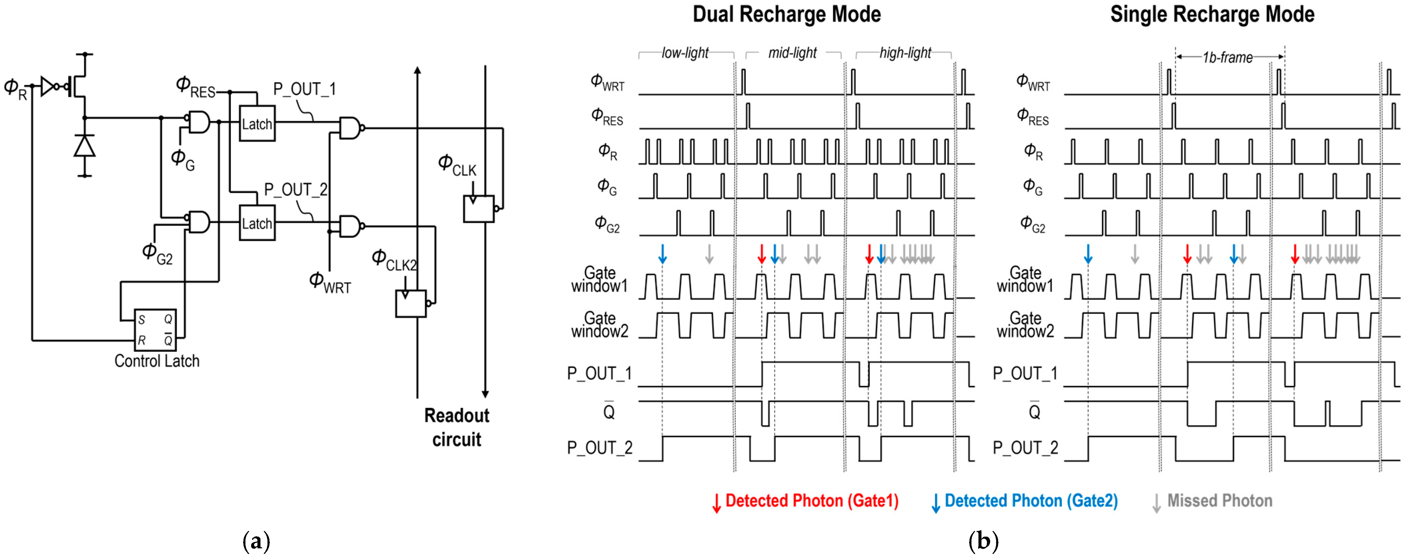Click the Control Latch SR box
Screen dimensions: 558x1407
[x=155, y=330]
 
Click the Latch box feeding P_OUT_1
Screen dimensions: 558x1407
[x=257, y=123]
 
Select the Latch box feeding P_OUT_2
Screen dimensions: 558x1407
[x=257, y=223]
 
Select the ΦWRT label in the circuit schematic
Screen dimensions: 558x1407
[x=330, y=283]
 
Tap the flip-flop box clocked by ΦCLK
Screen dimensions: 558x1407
[x=479, y=208]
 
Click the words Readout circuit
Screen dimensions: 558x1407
[x=457, y=427]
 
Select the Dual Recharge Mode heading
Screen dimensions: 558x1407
[x=786, y=14]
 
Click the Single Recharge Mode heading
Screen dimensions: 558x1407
[x=1212, y=14]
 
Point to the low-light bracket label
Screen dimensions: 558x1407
[x=685, y=53]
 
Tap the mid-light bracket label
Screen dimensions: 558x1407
[x=792, y=53]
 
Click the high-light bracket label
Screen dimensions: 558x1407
[x=905, y=53]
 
